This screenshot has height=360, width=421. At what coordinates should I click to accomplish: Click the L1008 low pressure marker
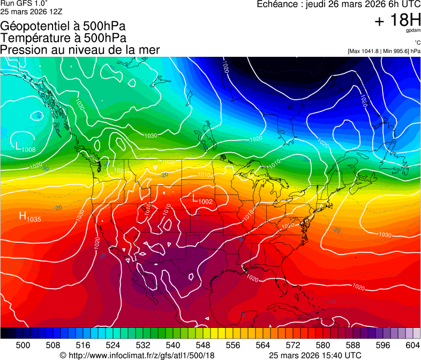(25, 147)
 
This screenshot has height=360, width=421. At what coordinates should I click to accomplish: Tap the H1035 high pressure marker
(29, 217)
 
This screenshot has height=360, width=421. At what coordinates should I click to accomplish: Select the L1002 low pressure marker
(202, 200)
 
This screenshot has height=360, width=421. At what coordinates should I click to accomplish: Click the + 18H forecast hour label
(397, 21)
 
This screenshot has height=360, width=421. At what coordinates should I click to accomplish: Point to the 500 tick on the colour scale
(23, 344)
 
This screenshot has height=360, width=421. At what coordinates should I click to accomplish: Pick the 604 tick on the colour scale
(413, 344)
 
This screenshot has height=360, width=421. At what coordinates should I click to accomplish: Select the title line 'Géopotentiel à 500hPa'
(63, 26)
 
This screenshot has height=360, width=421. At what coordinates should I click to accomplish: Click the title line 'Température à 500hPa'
(63, 38)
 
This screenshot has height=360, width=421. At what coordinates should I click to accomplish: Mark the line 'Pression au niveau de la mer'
(80, 50)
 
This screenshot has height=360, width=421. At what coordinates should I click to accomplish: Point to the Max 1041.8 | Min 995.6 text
(384, 51)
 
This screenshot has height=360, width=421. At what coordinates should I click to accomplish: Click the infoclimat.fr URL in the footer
(137, 355)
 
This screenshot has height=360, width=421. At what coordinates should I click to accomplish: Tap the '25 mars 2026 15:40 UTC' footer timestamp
(314, 355)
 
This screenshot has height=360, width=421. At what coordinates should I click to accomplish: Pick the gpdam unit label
(413, 30)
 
